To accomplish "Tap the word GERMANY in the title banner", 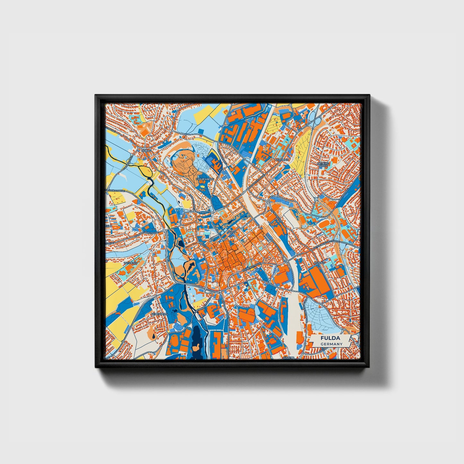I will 331,344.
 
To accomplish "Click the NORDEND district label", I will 282,160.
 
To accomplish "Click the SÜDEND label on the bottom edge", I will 289,357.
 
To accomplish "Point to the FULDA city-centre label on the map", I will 232,232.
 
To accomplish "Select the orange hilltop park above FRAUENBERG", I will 183,164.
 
